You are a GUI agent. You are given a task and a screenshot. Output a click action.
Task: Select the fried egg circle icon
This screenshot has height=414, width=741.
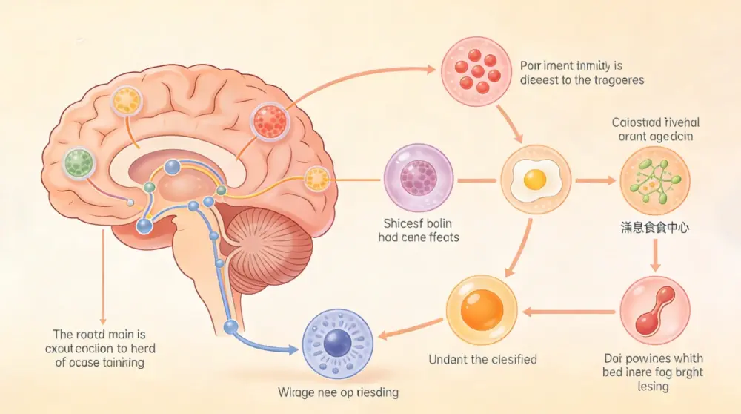(534, 179)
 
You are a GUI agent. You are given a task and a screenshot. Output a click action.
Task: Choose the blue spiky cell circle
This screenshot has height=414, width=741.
(337, 344)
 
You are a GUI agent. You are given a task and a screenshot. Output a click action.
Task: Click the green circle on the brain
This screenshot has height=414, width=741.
(79, 162)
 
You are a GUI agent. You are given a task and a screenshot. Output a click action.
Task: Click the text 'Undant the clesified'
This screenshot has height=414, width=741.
(482, 360)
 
